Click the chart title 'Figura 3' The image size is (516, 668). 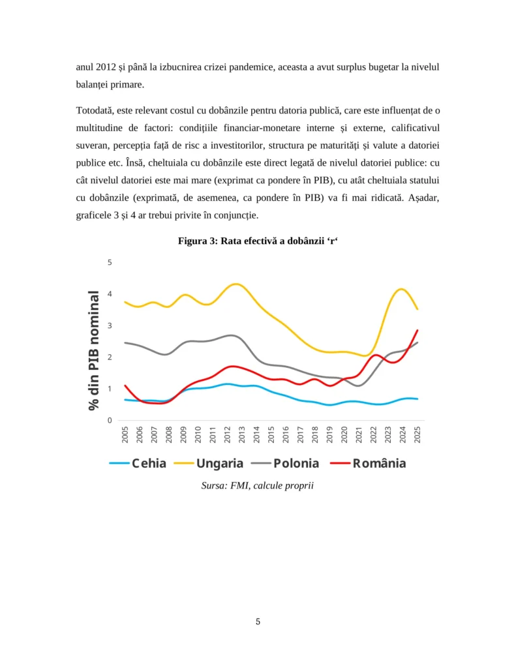(x=258, y=241)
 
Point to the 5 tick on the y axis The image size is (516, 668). (x=110, y=262)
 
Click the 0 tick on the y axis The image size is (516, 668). (x=110, y=421)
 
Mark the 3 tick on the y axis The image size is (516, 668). (x=110, y=326)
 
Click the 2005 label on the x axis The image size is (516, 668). (x=125, y=434)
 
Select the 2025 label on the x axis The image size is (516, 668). (x=417, y=434)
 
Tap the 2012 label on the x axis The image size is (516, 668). (x=228, y=434)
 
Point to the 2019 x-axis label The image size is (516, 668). (x=330, y=434)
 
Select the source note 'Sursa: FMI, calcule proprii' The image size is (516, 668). (x=258, y=485)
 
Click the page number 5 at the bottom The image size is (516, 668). (x=258, y=622)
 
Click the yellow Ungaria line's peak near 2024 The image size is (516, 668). (x=402, y=289)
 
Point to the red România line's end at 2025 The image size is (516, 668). (x=417, y=330)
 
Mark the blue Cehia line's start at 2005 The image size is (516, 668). (x=125, y=399)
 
